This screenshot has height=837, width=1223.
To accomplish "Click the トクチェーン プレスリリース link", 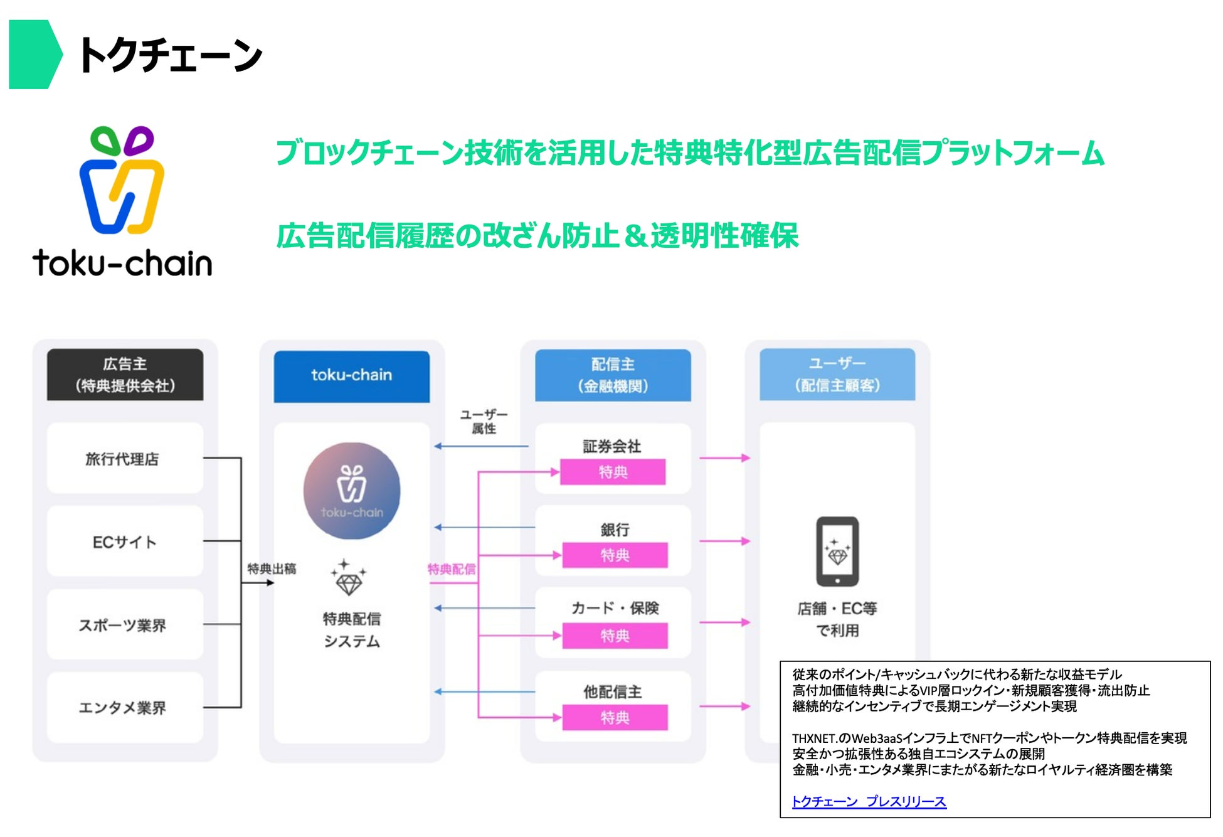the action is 869,801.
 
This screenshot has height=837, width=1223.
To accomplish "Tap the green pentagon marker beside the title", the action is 35,54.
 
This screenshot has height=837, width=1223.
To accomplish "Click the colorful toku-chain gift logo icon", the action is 122,180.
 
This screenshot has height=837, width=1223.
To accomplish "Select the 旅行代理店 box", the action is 125,458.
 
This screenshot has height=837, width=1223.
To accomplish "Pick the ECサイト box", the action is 125,541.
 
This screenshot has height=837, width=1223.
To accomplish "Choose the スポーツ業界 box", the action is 125,624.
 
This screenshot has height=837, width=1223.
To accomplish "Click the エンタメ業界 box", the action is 125,707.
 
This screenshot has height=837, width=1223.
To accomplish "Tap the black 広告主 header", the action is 125,375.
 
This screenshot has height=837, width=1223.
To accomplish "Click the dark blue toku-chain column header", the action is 351,376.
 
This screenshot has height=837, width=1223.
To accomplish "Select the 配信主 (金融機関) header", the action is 613,375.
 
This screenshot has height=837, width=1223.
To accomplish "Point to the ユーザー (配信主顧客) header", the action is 837,374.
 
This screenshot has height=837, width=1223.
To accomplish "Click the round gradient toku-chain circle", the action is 352,491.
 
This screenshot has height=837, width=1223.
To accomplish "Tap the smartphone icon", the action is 837,551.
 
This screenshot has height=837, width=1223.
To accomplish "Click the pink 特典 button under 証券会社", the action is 613,472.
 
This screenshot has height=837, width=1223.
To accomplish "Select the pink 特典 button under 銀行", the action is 615,555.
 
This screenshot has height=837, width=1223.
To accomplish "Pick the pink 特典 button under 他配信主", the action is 615,717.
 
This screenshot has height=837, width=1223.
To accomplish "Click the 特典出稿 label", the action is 272,568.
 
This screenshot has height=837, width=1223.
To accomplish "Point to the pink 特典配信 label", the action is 452,569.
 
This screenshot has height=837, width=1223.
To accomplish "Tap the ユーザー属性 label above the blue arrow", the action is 484,422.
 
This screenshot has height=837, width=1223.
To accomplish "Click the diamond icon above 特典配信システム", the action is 349,577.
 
